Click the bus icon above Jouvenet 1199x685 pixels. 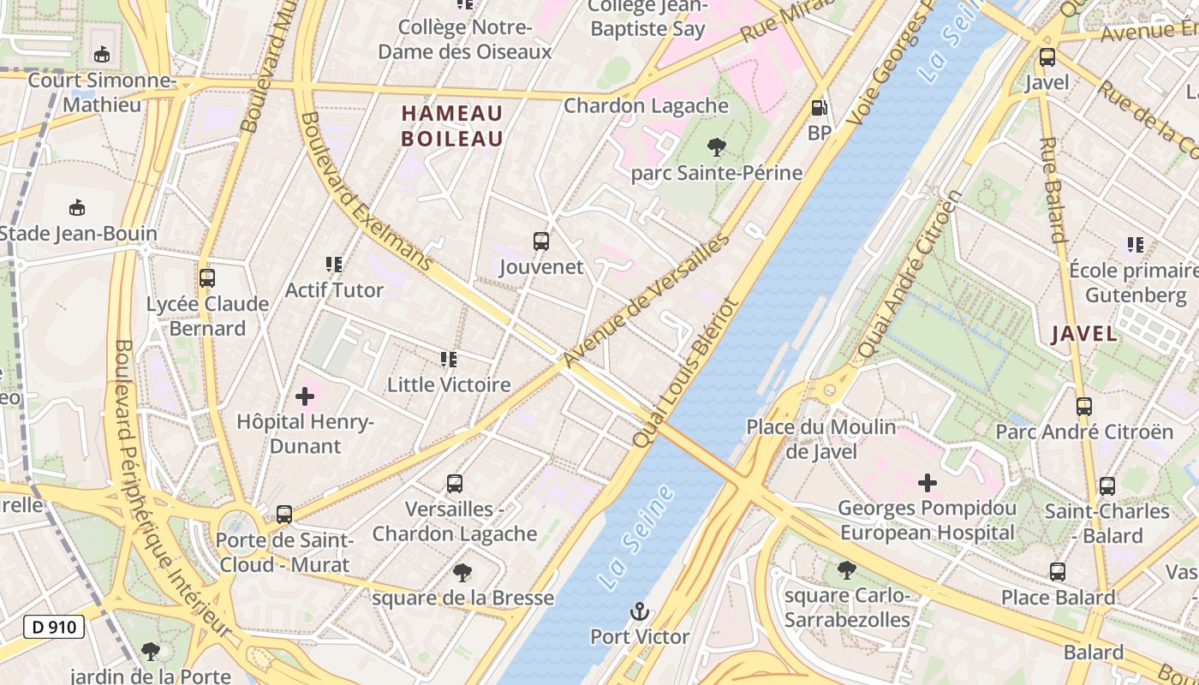click(540, 241)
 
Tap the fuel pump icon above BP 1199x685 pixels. click(820, 108)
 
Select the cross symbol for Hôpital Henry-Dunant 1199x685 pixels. click(305, 396)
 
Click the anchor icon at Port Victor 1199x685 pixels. click(639, 611)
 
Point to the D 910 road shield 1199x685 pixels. click(54, 627)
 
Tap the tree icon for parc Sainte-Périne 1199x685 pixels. click(716, 147)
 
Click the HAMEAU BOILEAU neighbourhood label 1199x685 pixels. click(452, 126)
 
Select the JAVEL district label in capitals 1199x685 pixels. click(1084, 334)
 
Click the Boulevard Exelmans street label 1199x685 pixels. click(366, 192)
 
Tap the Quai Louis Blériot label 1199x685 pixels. click(684, 372)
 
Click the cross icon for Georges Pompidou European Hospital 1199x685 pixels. click(927, 483)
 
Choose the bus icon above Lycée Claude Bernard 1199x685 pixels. click(206, 278)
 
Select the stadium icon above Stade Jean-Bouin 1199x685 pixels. click(77, 207)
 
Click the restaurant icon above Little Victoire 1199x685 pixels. click(449, 360)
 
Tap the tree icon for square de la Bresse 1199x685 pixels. click(462, 572)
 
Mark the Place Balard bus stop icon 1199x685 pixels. click(1058, 572)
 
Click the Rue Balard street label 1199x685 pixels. click(1053, 189)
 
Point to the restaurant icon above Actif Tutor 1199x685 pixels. click(334, 265)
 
